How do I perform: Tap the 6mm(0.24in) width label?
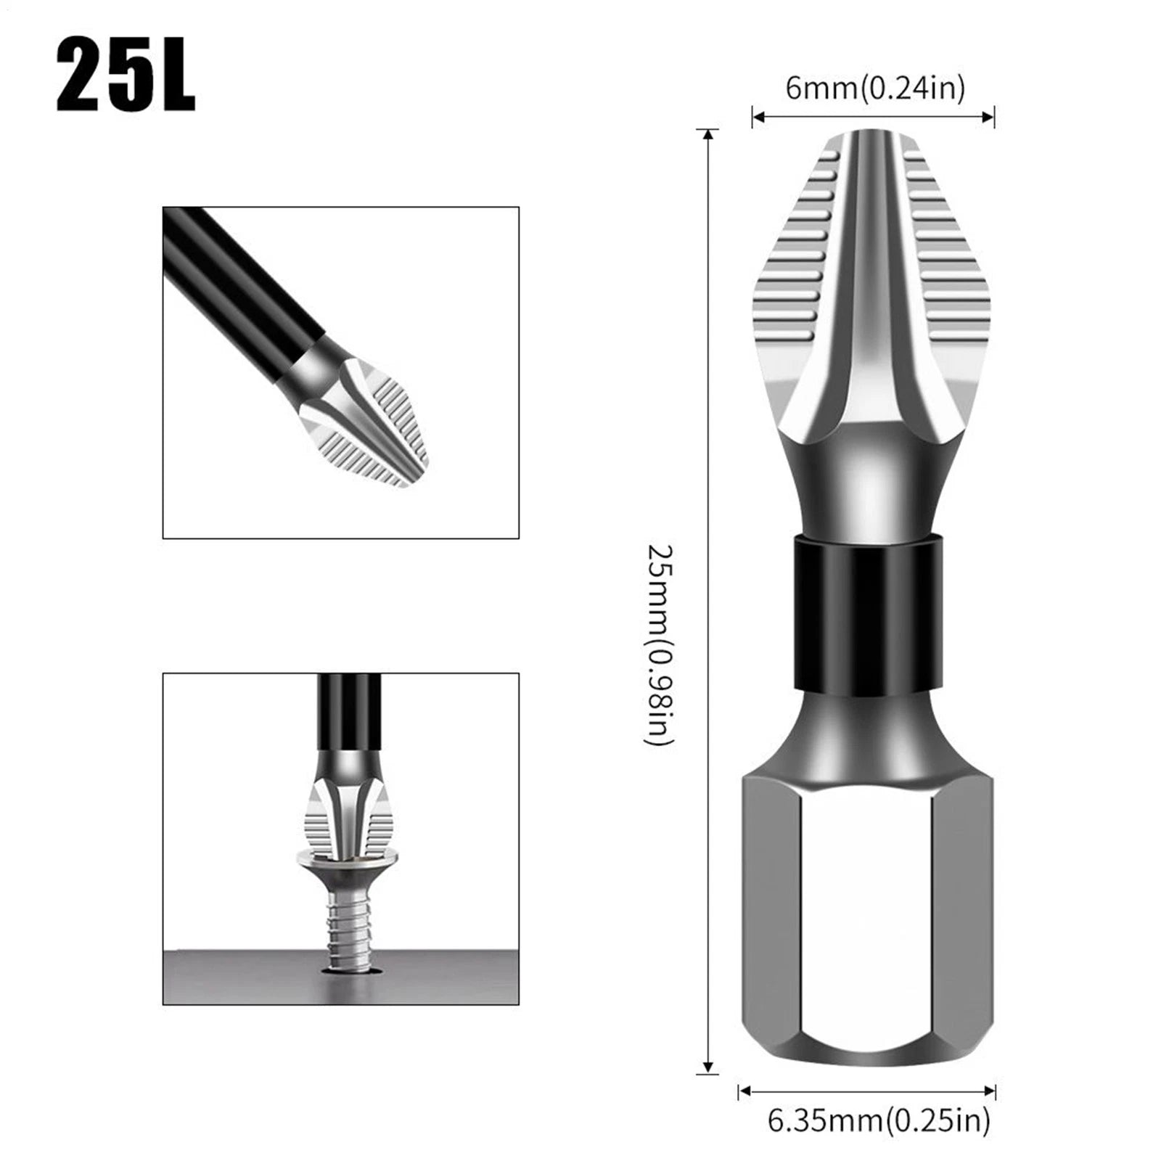click(875, 89)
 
